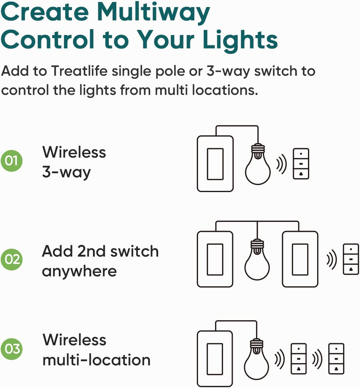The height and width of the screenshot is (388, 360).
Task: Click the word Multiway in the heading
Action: pos(153,13)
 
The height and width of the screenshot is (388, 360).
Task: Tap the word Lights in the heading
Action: pos(240,39)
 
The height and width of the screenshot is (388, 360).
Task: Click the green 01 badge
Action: pos(11,161)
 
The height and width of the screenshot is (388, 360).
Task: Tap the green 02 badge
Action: pos(11,259)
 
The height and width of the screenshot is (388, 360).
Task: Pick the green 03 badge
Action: pos(11,349)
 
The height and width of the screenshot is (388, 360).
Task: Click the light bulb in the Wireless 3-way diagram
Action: pos(258,164)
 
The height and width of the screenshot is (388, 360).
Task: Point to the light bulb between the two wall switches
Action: pos(257,260)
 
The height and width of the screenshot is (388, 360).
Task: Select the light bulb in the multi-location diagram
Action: pos(256,359)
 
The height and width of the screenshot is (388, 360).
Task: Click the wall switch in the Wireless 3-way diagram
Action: pos(215,164)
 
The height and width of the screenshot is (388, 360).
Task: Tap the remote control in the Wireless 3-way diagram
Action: pos(301,164)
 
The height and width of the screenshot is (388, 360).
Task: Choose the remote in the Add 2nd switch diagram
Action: pos(351,259)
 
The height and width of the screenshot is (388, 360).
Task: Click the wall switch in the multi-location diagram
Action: pos(215,359)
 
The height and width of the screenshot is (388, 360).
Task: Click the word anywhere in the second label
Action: pos(79,272)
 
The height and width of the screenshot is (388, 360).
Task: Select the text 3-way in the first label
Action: pos(66,172)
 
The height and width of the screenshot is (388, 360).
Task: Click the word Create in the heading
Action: pos(45,13)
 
